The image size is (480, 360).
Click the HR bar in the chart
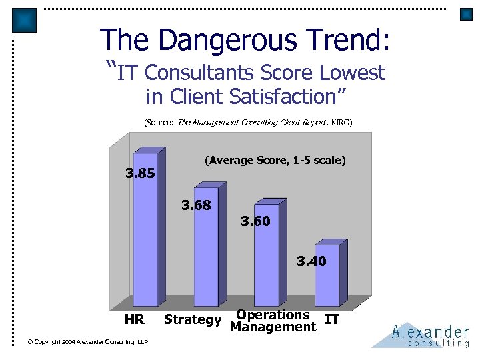(x=145, y=233)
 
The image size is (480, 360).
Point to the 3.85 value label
(x=141, y=174)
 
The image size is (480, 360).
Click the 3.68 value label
(x=196, y=205)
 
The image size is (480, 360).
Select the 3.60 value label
(x=256, y=221)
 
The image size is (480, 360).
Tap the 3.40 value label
(x=311, y=261)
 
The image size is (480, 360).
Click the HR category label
(x=134, y=320)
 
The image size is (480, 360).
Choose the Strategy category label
(x=193, y=320)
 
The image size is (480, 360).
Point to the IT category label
(x=332, y=320)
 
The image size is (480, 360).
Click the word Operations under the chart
(x=273, y=315)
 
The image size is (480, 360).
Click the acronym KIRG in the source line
(x=339, y=123)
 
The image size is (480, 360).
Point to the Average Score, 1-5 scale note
(x=275, y=161)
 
